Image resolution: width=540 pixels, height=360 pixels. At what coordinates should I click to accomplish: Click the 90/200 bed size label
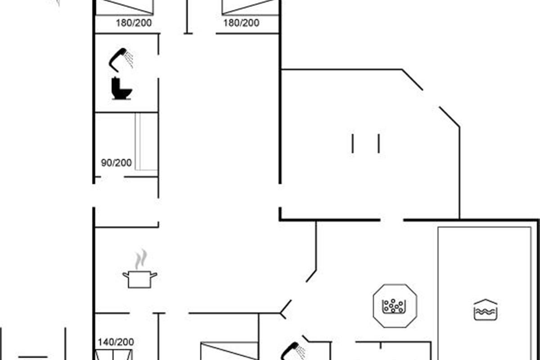[x=117, y=163]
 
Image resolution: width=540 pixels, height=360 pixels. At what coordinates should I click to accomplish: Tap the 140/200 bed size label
[x=116, y=342]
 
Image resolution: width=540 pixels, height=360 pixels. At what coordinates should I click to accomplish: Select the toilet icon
[x=121, y=88]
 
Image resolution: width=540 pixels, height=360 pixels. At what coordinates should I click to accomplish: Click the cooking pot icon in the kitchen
[x=140, y=279]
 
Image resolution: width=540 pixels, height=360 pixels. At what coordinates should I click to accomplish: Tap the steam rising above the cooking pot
[x=141, y=259]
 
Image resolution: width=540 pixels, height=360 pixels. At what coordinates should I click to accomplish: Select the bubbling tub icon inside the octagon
[x=394, y=306]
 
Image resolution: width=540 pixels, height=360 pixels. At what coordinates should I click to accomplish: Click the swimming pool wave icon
[x=486, y=310]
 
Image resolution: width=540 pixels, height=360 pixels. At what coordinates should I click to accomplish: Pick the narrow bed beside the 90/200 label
[x=146, y=141]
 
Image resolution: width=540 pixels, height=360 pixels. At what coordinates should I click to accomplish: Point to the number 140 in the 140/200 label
[x=105, y=342]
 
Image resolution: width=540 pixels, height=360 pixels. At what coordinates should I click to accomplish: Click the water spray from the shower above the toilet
[x=128, y=59]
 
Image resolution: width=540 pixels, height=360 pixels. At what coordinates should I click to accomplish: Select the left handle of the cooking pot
[x=126, y=275]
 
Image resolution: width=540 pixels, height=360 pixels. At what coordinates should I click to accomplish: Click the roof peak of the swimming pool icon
[x=486, y=300]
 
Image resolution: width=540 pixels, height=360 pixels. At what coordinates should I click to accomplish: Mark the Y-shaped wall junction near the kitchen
[x=281, y=313]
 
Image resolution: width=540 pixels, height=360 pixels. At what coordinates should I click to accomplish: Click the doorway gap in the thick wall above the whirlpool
[x=392, y=220]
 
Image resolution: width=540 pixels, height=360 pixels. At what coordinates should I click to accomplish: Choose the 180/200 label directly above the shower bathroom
[x=134, y=23]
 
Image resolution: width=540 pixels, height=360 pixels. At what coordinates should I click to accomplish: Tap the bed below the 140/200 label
[x=113, y=355]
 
